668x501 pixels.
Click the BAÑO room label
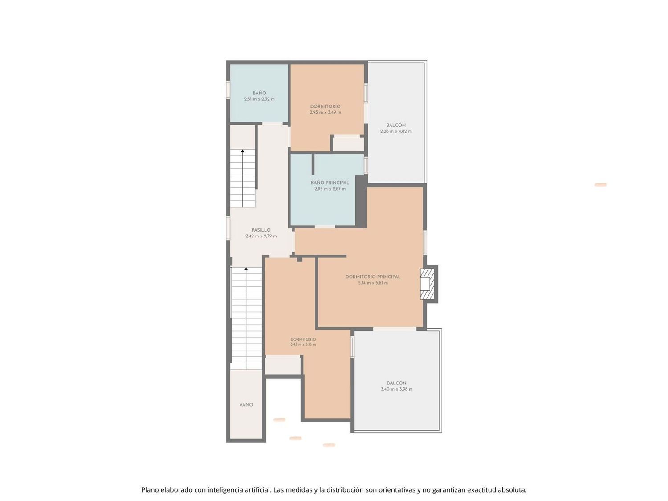point(259,93)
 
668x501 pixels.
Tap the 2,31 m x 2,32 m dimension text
point(259,99)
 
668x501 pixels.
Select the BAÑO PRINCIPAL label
point(330,183)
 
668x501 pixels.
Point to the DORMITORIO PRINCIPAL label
point(373,277)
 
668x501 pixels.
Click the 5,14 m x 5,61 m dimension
point(373,283)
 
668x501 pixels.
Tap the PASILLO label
point(261,230)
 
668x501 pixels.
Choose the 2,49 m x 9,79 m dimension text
point(261,236)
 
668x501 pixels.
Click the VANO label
point(246,405)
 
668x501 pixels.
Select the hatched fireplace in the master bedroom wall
point(427,284)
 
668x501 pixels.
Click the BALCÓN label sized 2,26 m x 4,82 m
point(396,125)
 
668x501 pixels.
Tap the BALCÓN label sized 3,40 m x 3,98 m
point(396,383)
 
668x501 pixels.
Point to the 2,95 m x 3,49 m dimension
point(326,112)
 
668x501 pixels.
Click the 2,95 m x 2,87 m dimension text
point(330,189)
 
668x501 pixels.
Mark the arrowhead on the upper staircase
point(243,151)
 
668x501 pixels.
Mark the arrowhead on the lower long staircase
point(246,269)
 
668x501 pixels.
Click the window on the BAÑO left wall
point(228,90)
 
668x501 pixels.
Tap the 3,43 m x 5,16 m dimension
point(303,345)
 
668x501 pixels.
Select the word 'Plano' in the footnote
point(150,490)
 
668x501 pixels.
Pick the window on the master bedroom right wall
point(425,242)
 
